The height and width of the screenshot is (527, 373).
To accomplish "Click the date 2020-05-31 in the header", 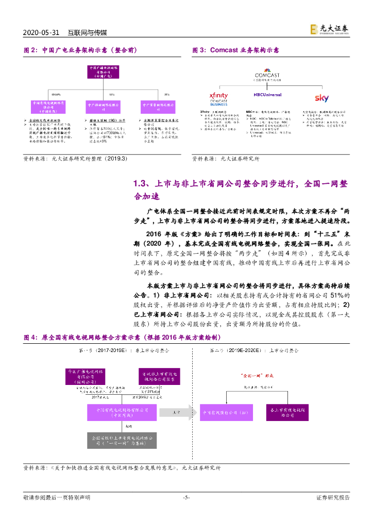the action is coord(42,32).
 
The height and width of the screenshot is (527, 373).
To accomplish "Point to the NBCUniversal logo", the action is coord(267,95).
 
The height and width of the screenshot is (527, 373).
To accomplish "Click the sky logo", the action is coord(321,98).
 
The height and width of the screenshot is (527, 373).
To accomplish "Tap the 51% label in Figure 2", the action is coord(112,95).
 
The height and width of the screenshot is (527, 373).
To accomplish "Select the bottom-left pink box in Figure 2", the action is coord(49,107).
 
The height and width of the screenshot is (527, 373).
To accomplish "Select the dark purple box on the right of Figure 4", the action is coord(281,412).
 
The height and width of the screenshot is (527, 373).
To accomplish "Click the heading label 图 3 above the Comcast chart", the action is coord(199,50).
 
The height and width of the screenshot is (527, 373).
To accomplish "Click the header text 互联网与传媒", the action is coord(88,32).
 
